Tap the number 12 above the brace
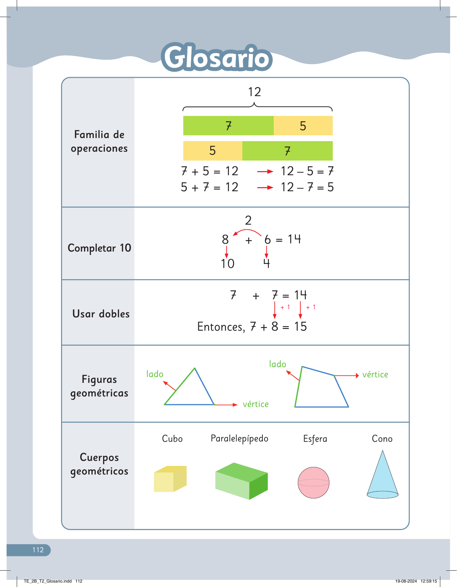click(255, 92)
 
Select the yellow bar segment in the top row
click(303, 126)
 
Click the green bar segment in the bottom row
click(287, 151)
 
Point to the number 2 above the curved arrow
click(248, 221)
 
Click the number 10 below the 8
click(227, 264)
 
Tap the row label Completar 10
click(99, 248)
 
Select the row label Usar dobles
click(101, 314)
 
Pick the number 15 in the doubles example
click(300, 327)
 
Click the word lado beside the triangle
click(155, 374)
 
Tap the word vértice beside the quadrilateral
click(375, 374)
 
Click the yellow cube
click(170, 479)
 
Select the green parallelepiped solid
click(242, 481)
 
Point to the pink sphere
click(314, 483)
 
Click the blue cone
click(383, 475)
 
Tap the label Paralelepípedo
click(240, 439)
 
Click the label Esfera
click(315, 439)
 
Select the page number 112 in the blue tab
click(38, 550)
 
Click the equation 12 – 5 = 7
click(307, 171)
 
